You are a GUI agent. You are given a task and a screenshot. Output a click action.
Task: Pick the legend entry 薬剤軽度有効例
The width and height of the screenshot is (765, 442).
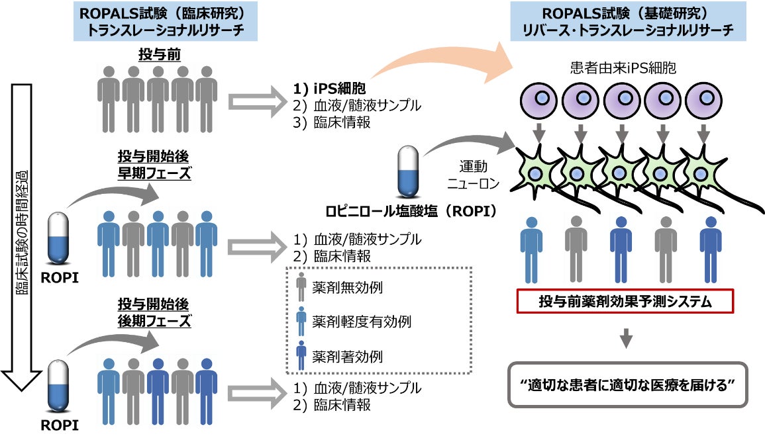[x=353, y=322]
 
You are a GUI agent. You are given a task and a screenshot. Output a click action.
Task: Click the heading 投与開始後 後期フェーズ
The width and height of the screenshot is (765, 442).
[x=154, y=312]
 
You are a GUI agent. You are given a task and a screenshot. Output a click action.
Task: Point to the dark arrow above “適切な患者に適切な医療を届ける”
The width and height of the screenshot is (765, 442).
[x=625, y=339]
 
